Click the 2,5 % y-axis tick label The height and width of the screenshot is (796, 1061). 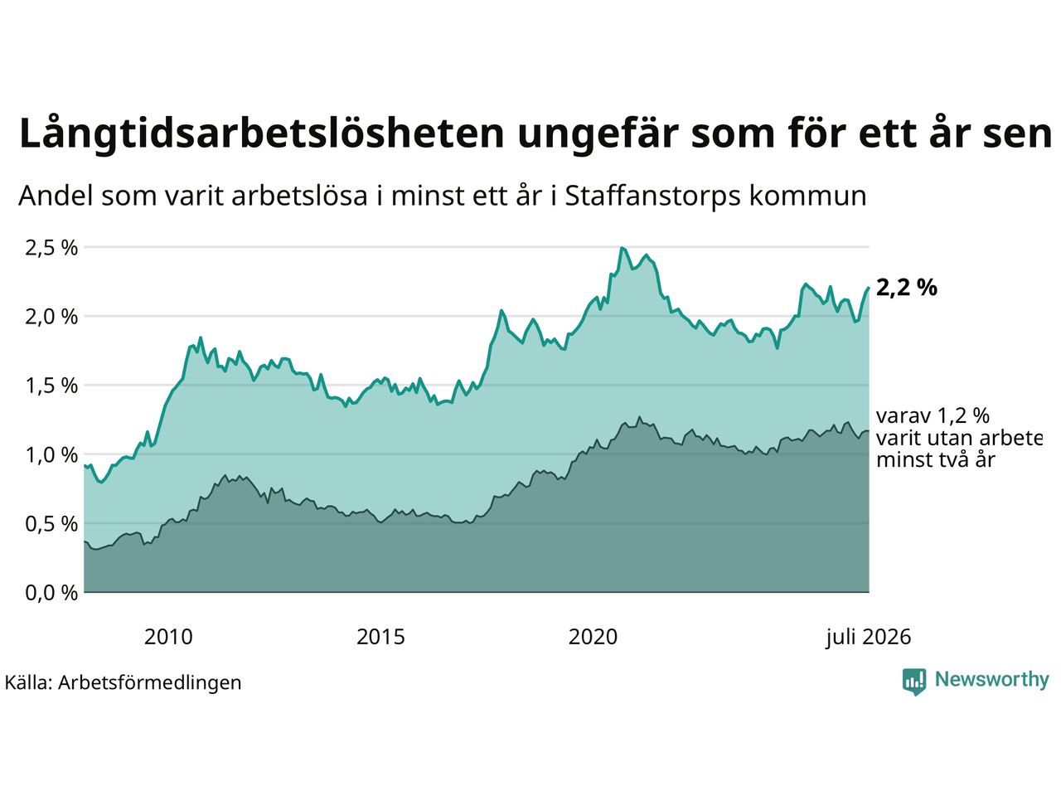[x=51, y=248]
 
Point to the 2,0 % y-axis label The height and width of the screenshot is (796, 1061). [x=51, y=317]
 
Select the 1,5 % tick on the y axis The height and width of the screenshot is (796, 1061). [x=51, y=386]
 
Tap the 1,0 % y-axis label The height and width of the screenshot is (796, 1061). [x=51, y=455]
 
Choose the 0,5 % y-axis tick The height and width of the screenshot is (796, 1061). [x=51, y=524]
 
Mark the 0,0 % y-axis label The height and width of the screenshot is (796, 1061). [x=51, y=594]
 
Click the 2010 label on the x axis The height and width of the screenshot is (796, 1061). [x=168, y=637]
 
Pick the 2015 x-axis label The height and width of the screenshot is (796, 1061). [x=380, y=637]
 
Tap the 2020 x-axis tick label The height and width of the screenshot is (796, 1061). [x=593, y=637]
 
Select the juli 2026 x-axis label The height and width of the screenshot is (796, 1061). [x=869, y=638]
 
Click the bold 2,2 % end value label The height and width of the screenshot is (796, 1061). [x=906, y=288]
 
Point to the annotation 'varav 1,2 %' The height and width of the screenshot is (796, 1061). [x=933, y=415]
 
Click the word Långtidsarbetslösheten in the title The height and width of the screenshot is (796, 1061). [x=261, y=133]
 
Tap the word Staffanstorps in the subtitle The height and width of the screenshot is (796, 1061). [x=653, y=197]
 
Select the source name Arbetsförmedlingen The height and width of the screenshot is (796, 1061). [x=149, y=683]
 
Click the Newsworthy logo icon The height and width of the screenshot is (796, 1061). [x=914, y=682]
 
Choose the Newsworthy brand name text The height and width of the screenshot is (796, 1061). [x=992, y=680]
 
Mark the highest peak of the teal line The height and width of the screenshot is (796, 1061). [x=623, y=248]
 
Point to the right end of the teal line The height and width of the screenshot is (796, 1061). [x=869, y=288]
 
